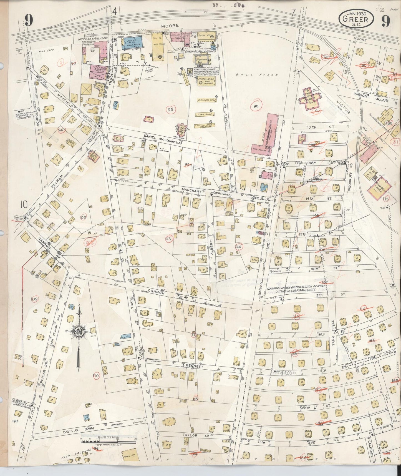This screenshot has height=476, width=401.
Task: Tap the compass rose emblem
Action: click(x=80, y=332)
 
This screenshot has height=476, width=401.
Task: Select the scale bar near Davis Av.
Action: click(x=108, y=440)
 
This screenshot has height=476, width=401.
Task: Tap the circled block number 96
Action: click(x=256, y=105)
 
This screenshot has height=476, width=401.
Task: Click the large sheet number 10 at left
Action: click(x=24, y=205)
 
